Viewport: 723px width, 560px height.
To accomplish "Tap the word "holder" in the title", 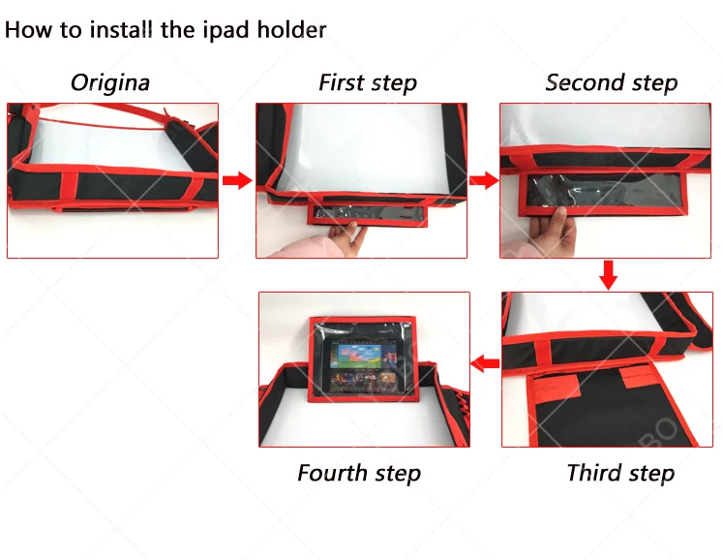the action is pyautogui.click(x=291, y=29).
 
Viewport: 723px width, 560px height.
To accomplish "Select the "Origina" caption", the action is pyautogui.click(x=110, y=83).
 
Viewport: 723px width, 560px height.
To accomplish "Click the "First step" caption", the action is pyautogui.click(x=368, y=83).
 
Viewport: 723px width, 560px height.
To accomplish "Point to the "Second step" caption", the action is pyautogui.click(x=612, y=83).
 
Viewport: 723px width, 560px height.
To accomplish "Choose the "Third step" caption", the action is pyautogui.click(x=620, y=473).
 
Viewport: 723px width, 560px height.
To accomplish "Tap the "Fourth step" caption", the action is pyautogui.click(x=359, y=473).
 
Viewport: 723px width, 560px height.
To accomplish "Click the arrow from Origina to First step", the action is pyautogui.click(x=237, y=180).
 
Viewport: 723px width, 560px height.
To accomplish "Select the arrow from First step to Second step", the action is pyautogui.click(x=484, y=180).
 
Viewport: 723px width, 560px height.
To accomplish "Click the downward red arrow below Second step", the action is pyautogui.click(x=609, y=275).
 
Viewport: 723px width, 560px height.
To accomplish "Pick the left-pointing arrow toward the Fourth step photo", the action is pyautogui.click(x=485, y=363).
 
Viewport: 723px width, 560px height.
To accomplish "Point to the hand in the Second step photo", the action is pyautogui.click(x=554, y=231).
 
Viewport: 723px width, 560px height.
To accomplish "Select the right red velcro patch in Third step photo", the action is pyautogui.click(x=639, y=375).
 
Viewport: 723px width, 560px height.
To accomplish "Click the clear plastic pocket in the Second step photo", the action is pyautogui.click(x=603, y=193).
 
